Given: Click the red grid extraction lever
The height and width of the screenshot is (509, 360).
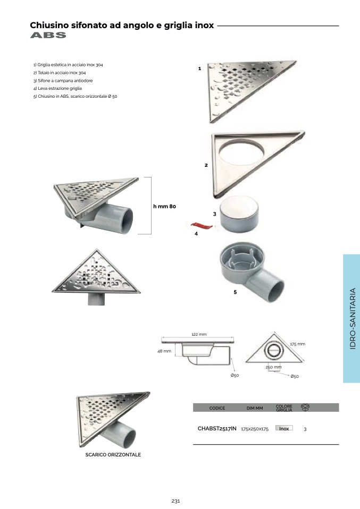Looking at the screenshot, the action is (202, 225).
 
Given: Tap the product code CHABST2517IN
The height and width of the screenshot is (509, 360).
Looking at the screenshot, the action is (217, 428).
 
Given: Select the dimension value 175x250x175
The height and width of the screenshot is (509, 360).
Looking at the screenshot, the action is (255, 429).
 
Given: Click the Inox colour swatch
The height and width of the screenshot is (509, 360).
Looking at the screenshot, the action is (284, 428).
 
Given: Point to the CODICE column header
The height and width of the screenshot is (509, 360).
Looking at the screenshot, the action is (217, 408).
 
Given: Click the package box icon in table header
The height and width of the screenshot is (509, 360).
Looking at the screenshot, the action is (305, 407).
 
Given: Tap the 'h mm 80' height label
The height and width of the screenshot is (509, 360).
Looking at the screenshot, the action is (164, 206).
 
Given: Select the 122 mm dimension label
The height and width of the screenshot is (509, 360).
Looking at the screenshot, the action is (199, 334).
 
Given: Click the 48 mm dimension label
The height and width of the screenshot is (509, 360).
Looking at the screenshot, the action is (164, 351).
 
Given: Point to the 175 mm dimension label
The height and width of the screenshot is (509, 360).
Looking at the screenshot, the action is (298, 344).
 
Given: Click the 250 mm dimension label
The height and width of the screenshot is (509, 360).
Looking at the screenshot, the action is (273, 367).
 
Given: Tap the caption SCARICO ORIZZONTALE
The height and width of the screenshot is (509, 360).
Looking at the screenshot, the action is (113, 454).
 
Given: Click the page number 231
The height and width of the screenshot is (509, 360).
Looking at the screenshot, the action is (176, 501).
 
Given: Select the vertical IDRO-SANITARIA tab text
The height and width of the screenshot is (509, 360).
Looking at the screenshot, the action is (353, 318).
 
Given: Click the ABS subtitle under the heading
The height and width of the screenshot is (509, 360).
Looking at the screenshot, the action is (48, 35).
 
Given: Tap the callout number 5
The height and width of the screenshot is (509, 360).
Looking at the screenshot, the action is (235, 292).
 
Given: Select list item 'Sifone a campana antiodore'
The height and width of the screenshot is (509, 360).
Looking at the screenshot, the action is (63, 81).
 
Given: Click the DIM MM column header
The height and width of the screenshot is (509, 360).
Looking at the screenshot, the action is (255, 408).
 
